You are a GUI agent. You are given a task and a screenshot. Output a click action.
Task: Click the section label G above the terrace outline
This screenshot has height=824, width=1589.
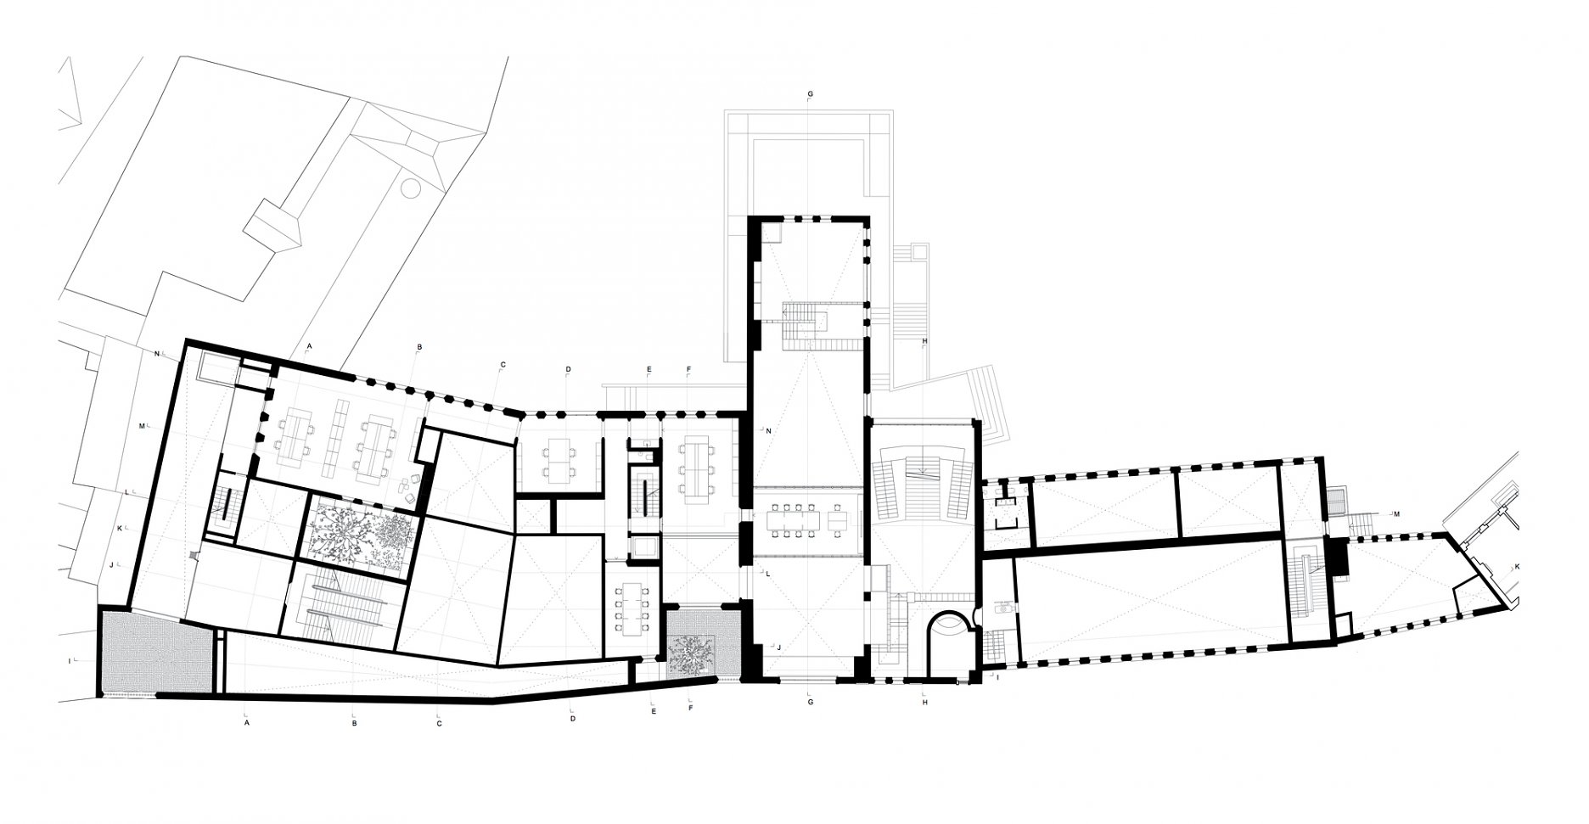(x=811, y=92)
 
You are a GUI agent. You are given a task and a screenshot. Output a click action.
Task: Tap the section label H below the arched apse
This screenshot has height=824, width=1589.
(x=924, y=703)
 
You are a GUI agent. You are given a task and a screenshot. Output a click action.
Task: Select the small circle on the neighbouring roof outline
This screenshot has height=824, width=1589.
(x=411, y=188)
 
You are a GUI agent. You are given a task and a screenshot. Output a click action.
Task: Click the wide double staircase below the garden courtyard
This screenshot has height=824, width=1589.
(x=343, y=603)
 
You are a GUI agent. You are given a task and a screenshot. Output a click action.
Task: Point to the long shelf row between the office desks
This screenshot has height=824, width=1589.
(x=337, y=436)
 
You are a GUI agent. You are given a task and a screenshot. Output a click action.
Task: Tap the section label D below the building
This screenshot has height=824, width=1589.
(x=573, y=719)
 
